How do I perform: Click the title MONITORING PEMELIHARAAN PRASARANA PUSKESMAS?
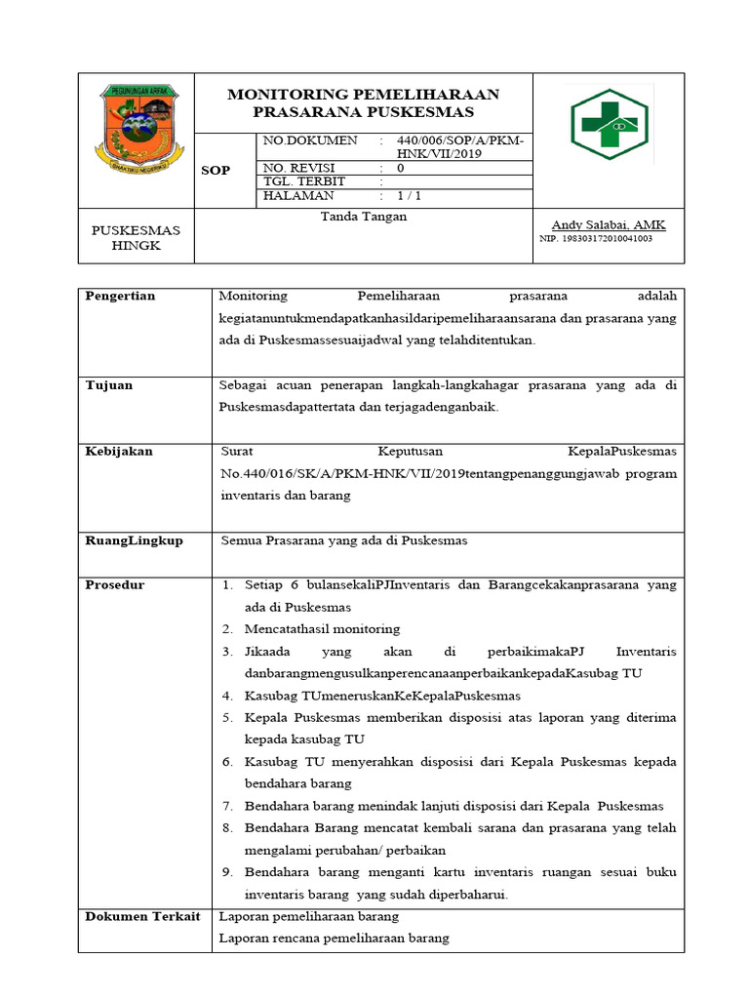coord(363,103)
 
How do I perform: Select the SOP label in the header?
coord(216,171)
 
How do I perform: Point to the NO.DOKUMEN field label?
coord(310,141)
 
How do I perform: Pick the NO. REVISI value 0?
coord(400,168)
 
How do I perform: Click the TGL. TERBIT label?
coord(304,181)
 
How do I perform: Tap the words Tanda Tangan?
coord(363,217)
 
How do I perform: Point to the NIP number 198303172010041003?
coord(596,238)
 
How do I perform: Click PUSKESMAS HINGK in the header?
coord(136,238)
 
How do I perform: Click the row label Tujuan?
coord(109,385)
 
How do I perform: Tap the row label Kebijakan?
coord(119,452)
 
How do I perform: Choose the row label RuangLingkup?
coord(134,540)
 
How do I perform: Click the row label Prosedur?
coord(115,585)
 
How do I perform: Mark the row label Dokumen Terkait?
coord(142,917)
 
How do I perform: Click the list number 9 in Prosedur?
coord(225,872)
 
